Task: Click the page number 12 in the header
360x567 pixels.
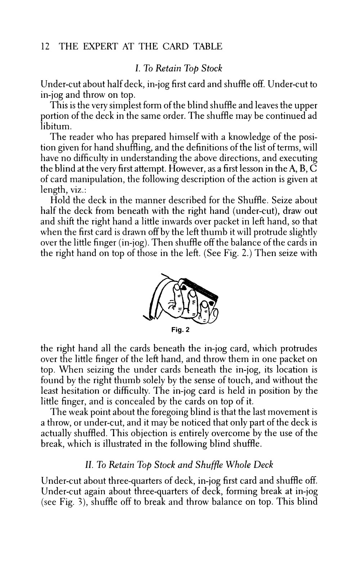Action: click(x=45, y=46)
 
